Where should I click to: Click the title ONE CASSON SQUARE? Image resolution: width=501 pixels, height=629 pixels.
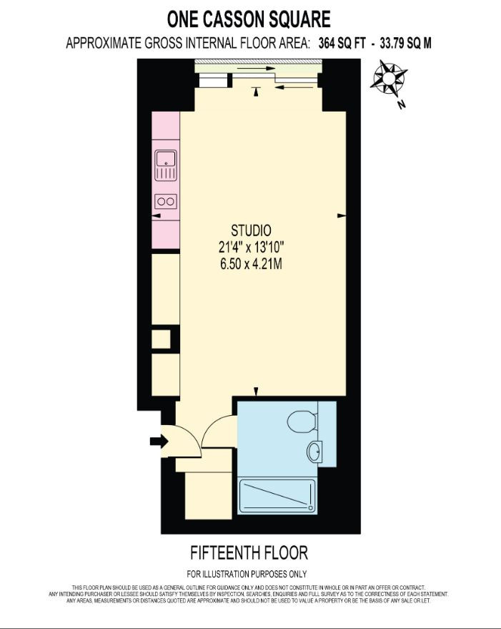coord(249,19)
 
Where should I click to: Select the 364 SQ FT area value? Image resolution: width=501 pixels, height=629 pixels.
coord(342,43)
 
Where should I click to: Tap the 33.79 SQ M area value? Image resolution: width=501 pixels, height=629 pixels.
coord(406,43)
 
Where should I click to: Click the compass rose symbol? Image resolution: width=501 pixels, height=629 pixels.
coord(388,79)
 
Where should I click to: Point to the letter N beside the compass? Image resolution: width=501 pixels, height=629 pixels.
coord(401,104)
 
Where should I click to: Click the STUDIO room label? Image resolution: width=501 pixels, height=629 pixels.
coord(251,230)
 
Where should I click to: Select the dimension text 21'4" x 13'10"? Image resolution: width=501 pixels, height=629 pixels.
coord(252,247)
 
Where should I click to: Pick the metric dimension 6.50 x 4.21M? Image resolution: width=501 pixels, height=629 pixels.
coord(251,264)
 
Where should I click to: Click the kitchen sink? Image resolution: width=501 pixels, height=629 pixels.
coord(166,165)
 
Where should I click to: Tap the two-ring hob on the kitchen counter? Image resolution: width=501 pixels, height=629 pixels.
coord(166,201)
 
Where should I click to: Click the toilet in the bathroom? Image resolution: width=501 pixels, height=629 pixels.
coord(302,421)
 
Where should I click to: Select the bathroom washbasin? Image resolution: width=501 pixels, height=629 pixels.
coord(315,452)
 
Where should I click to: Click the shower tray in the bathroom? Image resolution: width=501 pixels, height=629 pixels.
coord(277,496)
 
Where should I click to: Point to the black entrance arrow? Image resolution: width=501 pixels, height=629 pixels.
coord(159,442)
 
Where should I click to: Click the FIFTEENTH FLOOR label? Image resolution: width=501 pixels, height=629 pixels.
coord(249,552)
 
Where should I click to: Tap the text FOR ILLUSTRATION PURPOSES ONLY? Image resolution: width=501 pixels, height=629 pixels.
coord(247,574)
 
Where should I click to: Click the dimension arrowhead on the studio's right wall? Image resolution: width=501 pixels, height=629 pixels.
coord(342,216)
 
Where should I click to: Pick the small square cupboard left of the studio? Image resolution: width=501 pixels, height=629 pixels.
coord(161,339)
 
